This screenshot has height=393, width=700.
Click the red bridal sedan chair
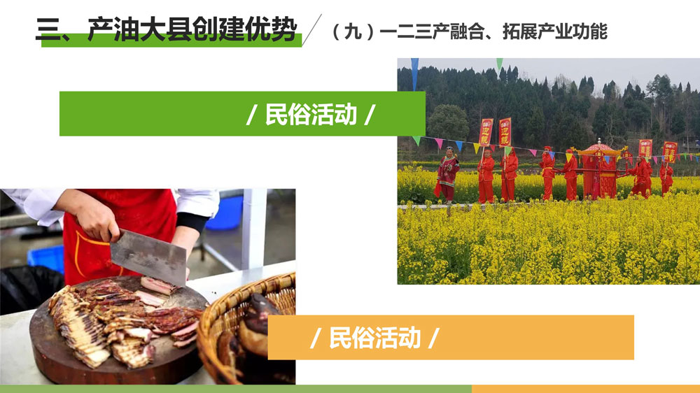click(599, 172)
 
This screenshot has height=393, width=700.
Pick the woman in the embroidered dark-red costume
click(447, 175)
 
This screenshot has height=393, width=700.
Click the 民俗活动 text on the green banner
click(311, 114)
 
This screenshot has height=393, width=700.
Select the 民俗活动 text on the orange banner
click(375, 338)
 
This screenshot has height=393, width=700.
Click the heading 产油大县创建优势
click(192, 29)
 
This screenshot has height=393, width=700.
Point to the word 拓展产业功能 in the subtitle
click(555, 31)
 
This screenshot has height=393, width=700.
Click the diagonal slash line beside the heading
click(311, 30)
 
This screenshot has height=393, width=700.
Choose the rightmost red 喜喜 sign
click(670, 152)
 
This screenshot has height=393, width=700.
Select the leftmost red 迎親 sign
click(486, 132)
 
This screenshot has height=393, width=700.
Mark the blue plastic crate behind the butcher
click(45, 258)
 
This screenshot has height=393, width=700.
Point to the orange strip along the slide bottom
click(586, 389)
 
